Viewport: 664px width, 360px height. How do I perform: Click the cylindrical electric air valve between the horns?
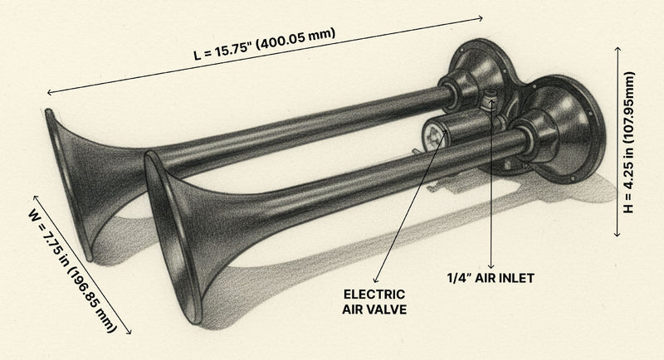(454, 132)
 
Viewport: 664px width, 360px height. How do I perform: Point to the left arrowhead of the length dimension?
(48, 93)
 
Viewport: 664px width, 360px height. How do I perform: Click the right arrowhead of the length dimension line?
(481, 17)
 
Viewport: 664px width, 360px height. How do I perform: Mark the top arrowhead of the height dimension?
(619, 48)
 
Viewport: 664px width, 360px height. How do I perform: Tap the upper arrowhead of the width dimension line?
(34, 198)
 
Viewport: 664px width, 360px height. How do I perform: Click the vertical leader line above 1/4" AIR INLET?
(492, 199)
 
